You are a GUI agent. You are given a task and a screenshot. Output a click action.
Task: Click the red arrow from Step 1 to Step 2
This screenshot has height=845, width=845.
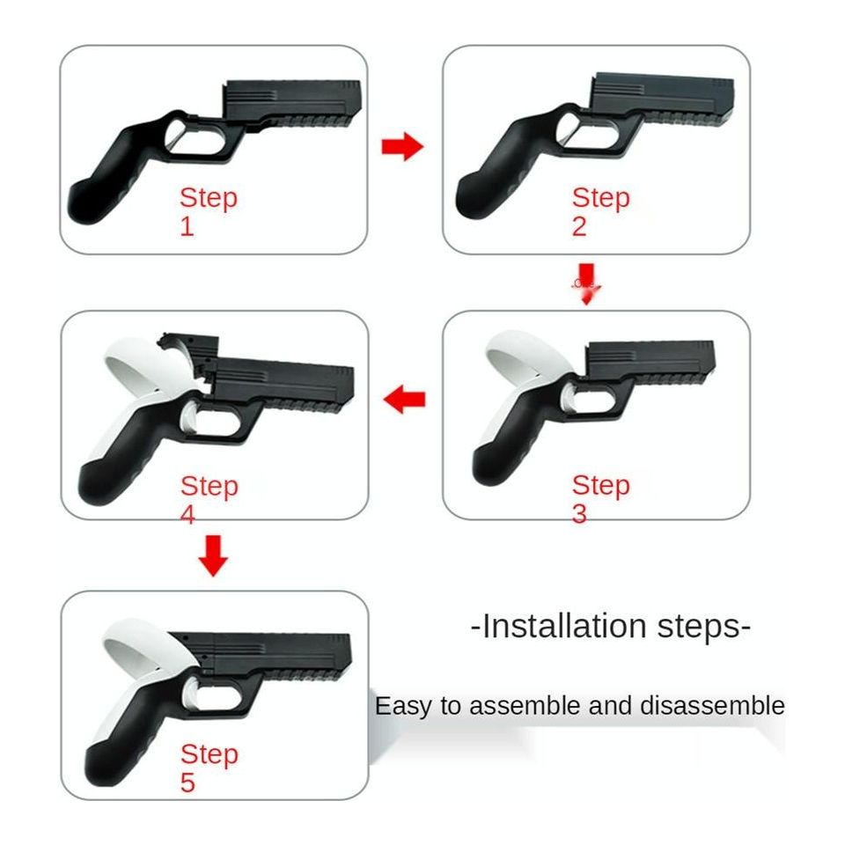click(x=402, y=146)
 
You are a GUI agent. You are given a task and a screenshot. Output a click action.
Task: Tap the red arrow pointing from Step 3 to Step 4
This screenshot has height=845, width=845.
click(x=404, y=400)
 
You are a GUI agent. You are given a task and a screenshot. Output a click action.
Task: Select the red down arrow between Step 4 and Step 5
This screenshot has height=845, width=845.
click(x=213, y=555)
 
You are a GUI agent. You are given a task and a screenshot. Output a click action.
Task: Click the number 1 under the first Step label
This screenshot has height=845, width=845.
click(x=187, y=226)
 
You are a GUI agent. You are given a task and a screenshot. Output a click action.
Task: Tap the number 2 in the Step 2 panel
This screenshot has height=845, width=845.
click(x=579, y=226)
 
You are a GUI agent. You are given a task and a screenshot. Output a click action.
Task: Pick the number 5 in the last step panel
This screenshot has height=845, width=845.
click(x=187, y=783)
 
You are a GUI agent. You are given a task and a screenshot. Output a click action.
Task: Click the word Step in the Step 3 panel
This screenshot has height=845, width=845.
click(x=601, y=485)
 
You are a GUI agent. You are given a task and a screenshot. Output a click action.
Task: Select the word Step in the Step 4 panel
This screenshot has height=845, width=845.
click(x=209, y=487)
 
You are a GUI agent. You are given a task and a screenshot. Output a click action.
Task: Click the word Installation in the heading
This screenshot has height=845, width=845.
click(x=564, y=626)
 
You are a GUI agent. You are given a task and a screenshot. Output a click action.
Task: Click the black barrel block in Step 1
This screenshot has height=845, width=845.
click(x=292, y=102)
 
